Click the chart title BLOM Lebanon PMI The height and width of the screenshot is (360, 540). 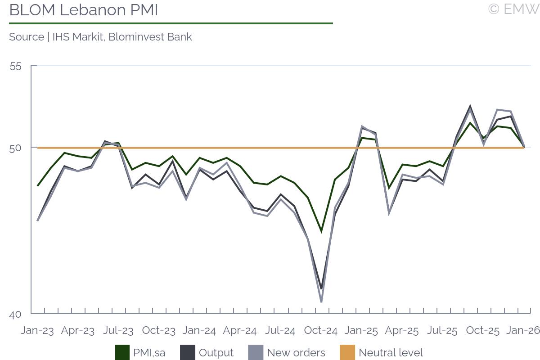(84, 10)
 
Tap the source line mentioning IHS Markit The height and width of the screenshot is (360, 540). (100, 37)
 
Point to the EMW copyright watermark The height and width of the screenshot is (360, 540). (513, 9)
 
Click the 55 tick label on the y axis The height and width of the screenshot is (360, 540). (15, 66)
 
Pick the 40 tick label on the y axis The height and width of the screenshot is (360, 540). (15, 315)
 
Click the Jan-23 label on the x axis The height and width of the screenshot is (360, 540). (37, 331)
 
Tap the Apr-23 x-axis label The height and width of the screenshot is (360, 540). (78, 331)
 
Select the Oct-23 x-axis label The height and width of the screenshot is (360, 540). (158, 331)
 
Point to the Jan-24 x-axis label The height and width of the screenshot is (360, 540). (199, 331)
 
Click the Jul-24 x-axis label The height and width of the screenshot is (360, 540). (280, 331)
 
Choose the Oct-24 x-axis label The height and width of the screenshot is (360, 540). (321, 331)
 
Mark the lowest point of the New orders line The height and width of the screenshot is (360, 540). (321, 301)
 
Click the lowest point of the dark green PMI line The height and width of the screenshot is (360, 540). (321, 231)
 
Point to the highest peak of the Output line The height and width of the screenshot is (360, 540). (470, 107)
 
